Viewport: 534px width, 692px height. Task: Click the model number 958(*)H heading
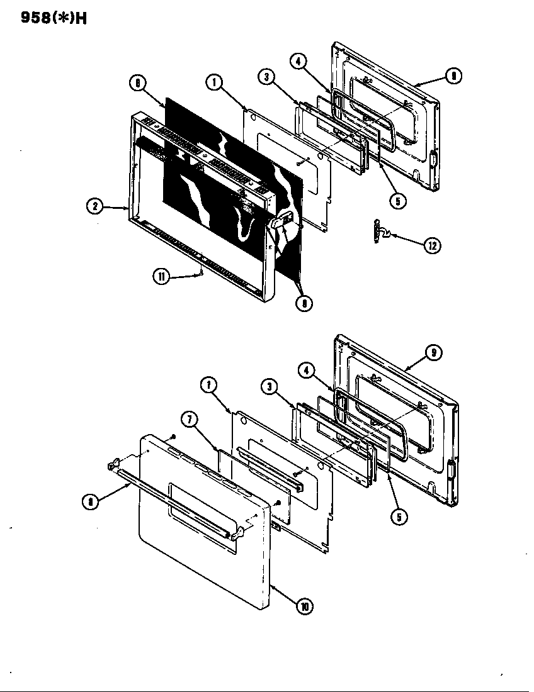tap(45, 18)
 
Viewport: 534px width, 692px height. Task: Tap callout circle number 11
tap(162, 276)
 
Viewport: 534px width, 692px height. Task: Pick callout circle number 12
tap(432, 245)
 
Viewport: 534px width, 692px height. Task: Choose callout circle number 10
tap(305, 606)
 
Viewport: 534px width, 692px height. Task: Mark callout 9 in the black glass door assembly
tap(453, 76)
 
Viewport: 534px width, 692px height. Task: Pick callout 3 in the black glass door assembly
tap(267, 76)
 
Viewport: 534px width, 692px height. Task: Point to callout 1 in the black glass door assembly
tap(215, 82)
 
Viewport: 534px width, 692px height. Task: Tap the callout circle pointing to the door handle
tap(92, 502)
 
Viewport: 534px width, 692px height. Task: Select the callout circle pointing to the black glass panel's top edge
tap(137, 82)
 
